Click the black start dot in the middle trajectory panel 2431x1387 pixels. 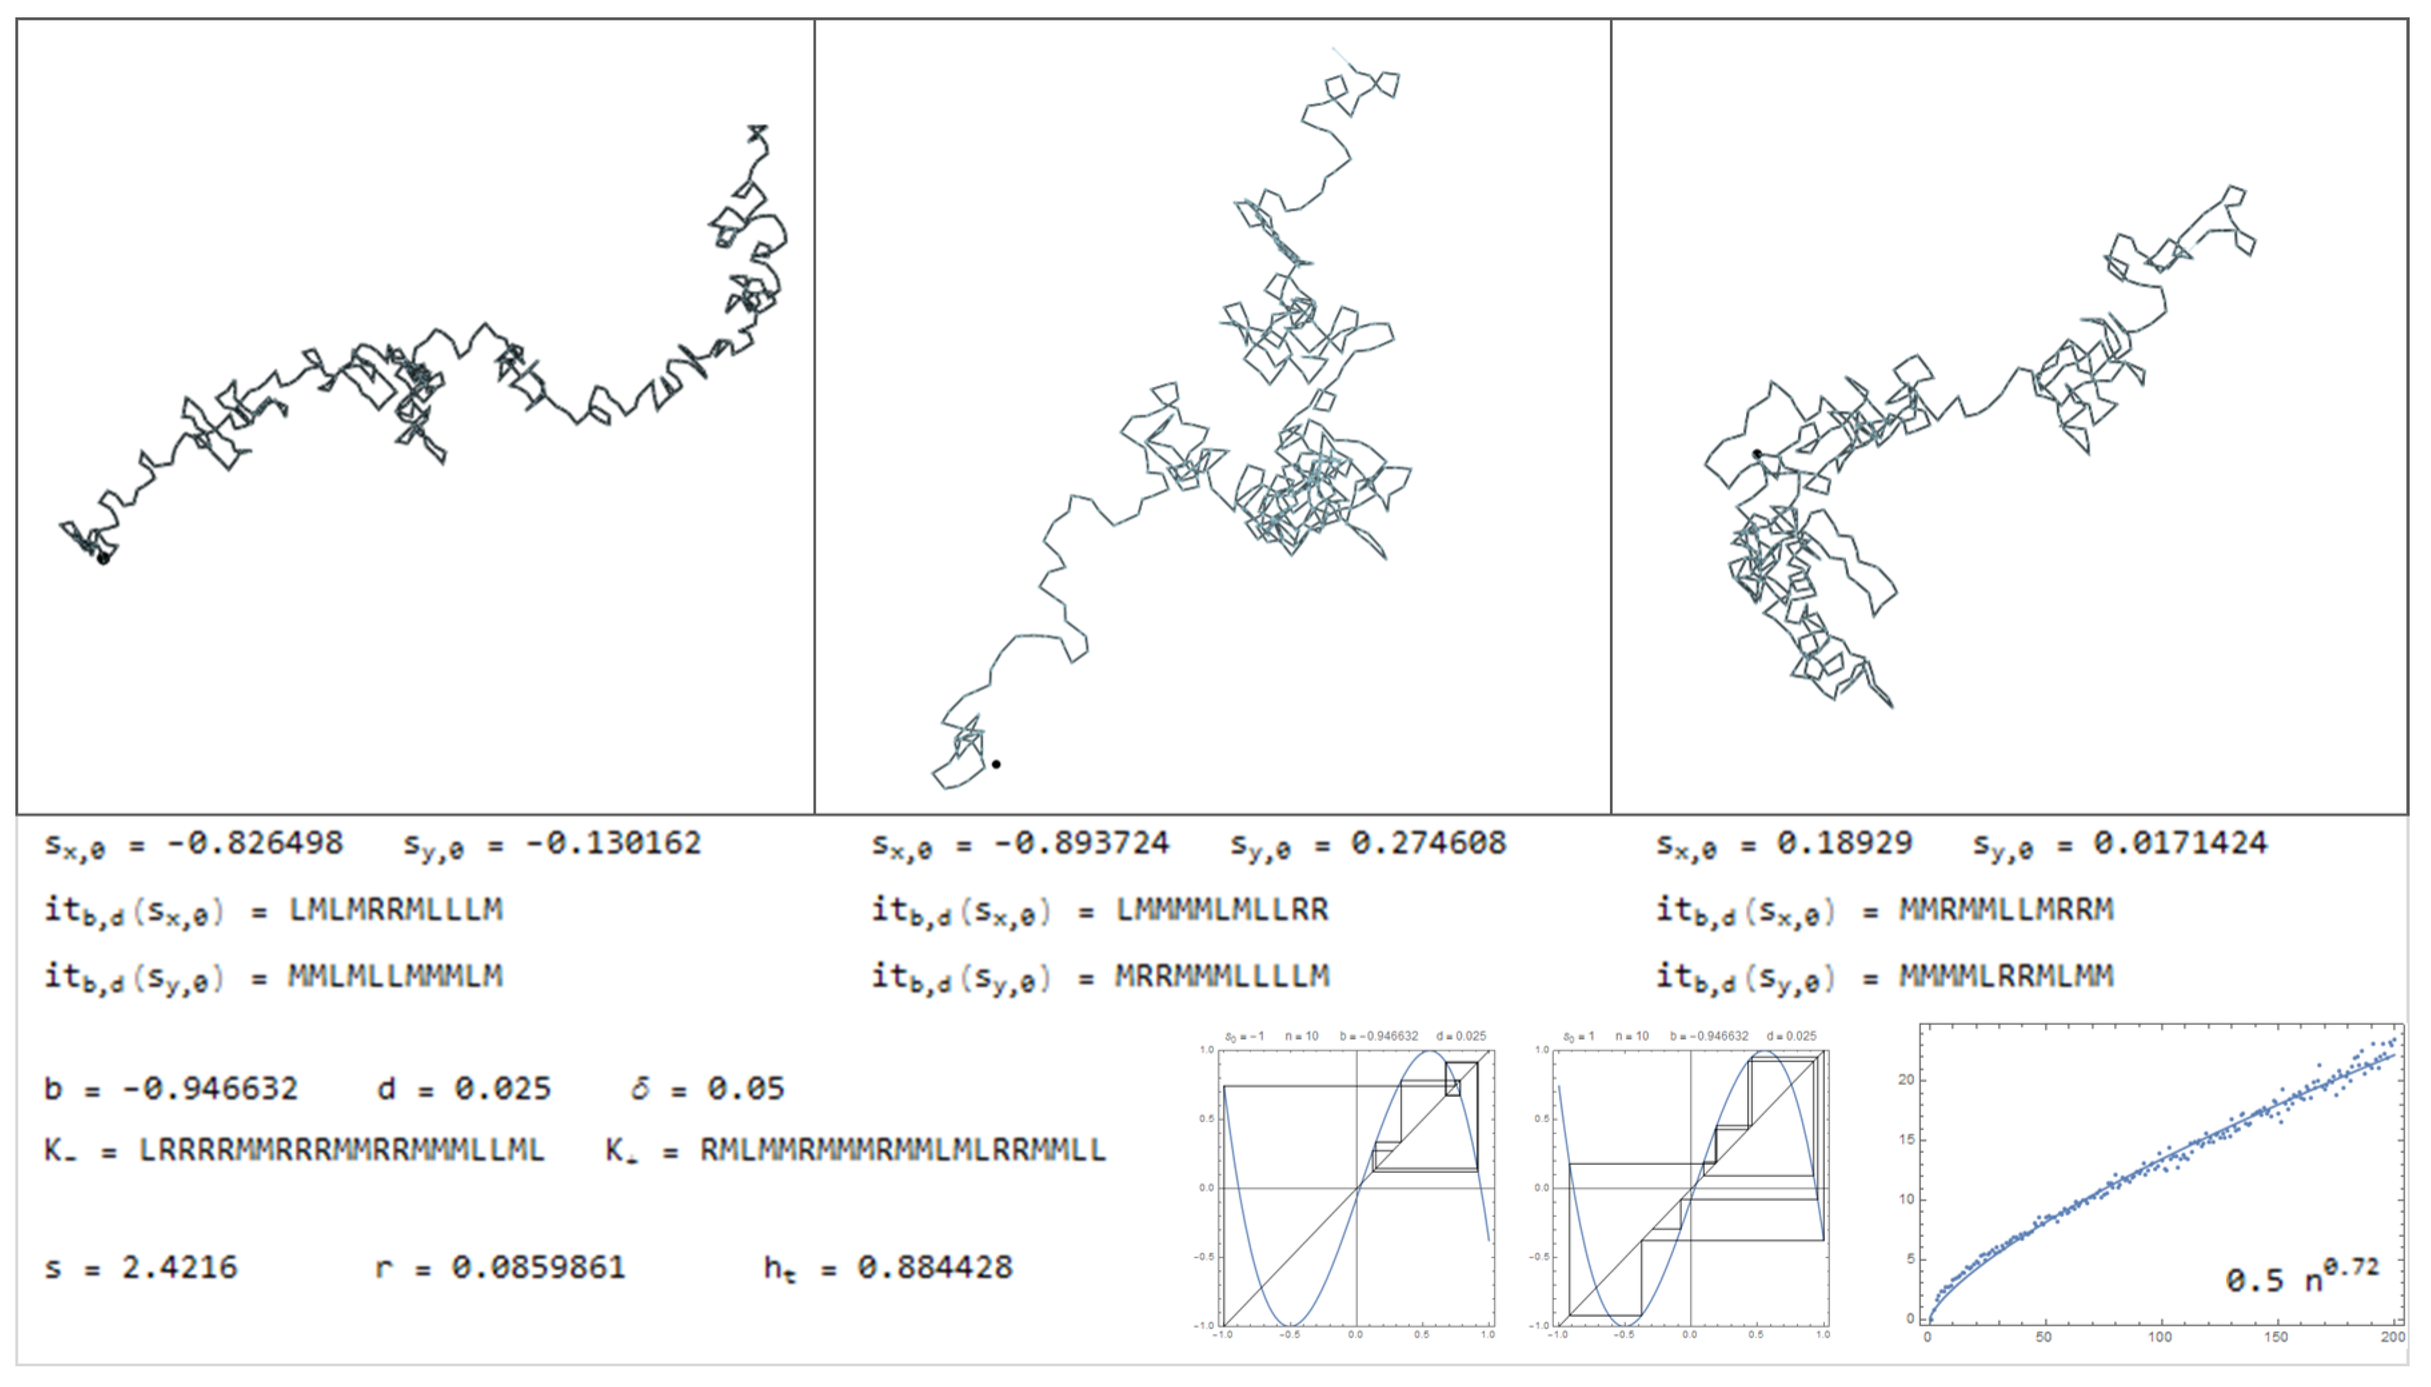click(996, 764)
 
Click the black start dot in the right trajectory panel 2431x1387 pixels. click(1757, 454)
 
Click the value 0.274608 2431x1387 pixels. click(1428, 843)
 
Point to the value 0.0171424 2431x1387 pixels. click(2180, 843)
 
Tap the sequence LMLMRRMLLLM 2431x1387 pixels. click(395, 910)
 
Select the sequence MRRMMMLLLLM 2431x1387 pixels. click(1222, 976)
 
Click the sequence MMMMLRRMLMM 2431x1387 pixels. click(2006, 976)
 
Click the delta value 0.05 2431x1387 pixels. click(745, 1089)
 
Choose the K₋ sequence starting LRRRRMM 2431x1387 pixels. click(341, 1151)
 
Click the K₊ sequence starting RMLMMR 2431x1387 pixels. click(902, 1151)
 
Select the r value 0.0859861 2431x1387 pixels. click(538, 1268)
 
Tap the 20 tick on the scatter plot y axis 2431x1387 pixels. click(1905, 1080)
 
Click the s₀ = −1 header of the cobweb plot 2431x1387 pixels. click(1244, 1036)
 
